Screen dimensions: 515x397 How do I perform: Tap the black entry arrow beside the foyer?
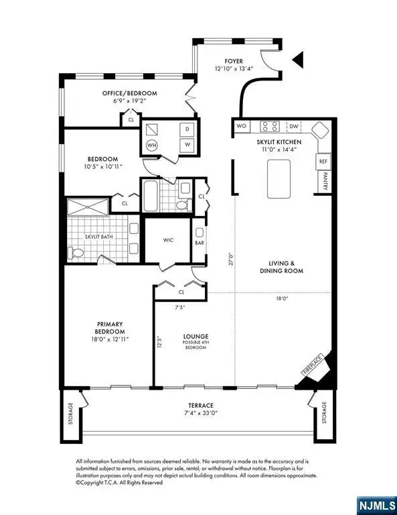(x=299, y=61)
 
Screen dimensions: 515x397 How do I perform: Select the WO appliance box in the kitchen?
(x=241, y=125)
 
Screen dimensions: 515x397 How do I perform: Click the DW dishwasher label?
(x=294, y=125)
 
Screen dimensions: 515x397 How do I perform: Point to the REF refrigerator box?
(x=323, y=162)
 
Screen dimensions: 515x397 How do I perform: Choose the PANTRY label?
(x=325, y=182)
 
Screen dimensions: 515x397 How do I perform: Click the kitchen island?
(x=281, y=178)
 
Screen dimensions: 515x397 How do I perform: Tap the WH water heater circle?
(x=152, y=144)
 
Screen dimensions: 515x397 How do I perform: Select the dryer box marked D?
(x=187, y=128)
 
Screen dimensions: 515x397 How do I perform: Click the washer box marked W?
(x=187, y=144)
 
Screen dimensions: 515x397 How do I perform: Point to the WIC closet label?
(x=169, y=239)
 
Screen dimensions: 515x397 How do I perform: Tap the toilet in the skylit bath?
(x=76, y=253)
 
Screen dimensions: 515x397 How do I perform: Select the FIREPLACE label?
(x=311, y=365)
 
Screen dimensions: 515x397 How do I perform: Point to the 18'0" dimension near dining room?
(x=281, y=299)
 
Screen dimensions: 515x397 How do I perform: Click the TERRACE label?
(x=200, y=406)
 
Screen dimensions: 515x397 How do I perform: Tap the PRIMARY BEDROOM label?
(x=109, y=332)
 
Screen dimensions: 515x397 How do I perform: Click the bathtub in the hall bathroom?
(x=151, y=194)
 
